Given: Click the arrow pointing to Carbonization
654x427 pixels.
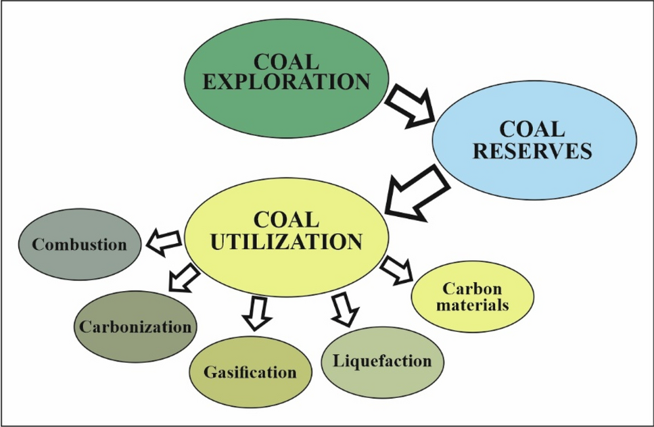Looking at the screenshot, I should pos(183,276).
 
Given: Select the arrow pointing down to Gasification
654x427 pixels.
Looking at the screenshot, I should pos(256,313).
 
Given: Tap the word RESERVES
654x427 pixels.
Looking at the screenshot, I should pos(533,150).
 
